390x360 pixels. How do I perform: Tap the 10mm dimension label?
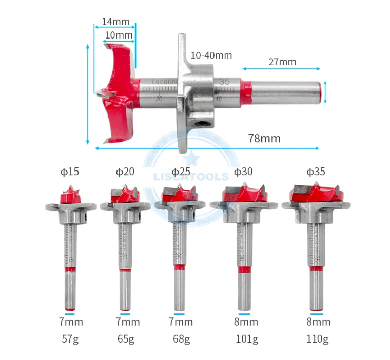click(119, 35)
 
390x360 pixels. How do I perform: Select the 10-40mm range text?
click(211, 55)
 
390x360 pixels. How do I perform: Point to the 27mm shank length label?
click(282, 62)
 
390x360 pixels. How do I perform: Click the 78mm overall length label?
click(264, 138)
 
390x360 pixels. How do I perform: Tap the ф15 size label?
click(68, 172)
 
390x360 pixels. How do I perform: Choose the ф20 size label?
click(125, 172)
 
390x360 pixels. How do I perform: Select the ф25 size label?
click(181, 172)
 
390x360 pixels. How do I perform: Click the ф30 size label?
click(243, 172)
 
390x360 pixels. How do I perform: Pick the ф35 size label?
click(316, 172)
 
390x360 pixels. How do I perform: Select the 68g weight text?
click(181, 339)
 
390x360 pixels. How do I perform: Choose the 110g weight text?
click(318, 339)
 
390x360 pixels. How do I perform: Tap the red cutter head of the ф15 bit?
click(70, 196)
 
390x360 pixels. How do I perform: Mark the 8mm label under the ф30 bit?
click(246, 322)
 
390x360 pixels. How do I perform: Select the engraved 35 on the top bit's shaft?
click(224, 82)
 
